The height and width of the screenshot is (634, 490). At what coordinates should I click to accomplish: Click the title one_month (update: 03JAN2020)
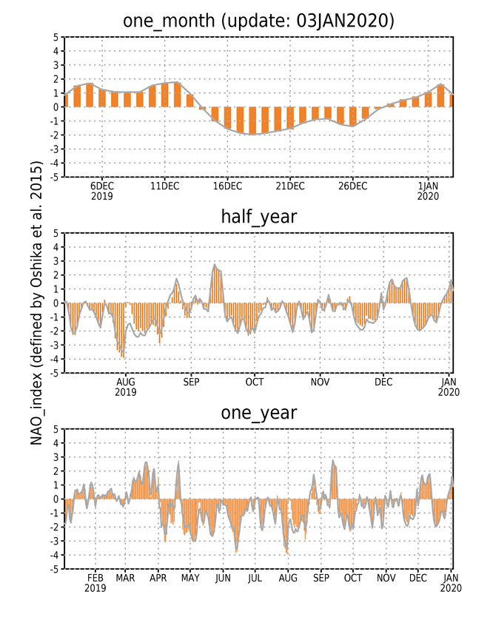[258, 21]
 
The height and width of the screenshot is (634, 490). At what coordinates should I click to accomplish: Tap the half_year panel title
[259, 217]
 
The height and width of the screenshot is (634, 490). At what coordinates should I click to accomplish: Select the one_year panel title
[259, 414]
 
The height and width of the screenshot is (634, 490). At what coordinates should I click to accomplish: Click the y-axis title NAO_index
[36, 303]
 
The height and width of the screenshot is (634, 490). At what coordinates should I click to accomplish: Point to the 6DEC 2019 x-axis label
[102, 192]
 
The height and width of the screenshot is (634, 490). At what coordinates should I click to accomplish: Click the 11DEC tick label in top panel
[164, 186]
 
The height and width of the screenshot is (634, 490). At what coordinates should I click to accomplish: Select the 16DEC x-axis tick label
[227, 186]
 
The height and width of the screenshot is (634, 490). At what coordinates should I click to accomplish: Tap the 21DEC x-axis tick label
[290, 186]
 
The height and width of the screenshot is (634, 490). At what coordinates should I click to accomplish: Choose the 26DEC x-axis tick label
[353, 186]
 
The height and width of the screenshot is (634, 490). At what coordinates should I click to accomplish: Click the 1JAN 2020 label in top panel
[428, 192]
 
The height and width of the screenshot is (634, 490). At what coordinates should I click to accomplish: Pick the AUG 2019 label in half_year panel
[126, 387]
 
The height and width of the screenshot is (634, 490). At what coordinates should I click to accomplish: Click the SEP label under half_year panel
[191, 382]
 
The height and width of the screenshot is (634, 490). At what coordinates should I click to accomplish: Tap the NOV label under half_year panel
[320, 382]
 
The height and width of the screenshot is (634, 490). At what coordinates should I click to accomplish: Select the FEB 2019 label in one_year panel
[95, 583]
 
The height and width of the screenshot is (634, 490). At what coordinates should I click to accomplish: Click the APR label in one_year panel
[158, 579]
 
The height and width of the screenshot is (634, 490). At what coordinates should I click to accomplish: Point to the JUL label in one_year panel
[255, 579]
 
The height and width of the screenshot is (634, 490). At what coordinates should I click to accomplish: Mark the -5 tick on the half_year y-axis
[54, 373]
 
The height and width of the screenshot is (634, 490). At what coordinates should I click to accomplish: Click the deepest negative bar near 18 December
[252, 120]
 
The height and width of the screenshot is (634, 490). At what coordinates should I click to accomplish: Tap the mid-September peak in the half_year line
[215, 265]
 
